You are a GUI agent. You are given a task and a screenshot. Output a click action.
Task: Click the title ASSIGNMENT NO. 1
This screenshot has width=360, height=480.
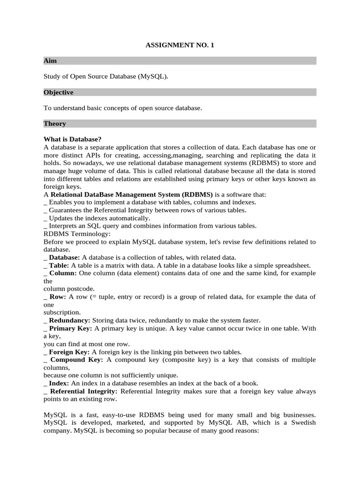click(180, 45)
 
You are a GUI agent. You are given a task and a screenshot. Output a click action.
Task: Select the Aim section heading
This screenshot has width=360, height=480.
click(50, 61)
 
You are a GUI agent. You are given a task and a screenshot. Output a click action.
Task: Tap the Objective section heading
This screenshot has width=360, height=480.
click(59, 92)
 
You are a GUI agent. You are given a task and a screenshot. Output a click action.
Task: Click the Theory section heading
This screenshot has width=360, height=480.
click(55, 124)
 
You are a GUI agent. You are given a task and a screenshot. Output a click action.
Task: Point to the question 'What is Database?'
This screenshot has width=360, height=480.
click(73, 139)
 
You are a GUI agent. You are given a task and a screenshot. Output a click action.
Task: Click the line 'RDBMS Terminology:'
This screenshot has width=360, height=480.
click(77, 233)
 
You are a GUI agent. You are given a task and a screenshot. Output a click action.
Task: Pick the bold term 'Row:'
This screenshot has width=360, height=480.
click(58, 297)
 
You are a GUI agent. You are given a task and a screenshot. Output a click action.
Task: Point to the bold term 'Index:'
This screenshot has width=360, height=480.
click(59, 383)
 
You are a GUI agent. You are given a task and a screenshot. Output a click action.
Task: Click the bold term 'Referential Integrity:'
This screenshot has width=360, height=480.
click(84, 391)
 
